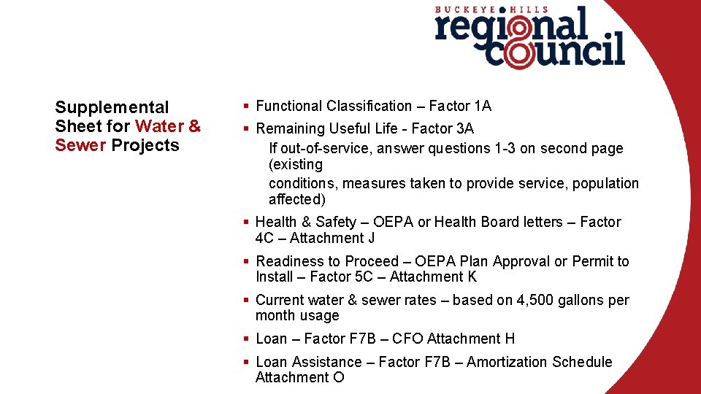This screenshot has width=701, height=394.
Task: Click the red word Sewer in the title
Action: [x=80, y=145]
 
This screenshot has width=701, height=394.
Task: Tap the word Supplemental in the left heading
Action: [x=112, y=107]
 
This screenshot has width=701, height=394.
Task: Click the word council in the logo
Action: [x=555, y=51]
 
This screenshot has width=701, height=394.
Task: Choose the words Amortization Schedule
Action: [x=540, y=362]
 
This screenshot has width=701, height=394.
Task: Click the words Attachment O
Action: [x=299, y=377]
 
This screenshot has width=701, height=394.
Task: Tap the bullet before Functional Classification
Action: [x=248, y=107]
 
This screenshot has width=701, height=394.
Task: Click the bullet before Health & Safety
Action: [x=248, y=222]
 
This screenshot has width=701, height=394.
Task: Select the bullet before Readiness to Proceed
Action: [x=248, y=261]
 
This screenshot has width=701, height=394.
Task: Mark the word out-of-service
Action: [x=316, y=148]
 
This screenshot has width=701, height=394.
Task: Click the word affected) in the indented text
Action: [x=297, y=199]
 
